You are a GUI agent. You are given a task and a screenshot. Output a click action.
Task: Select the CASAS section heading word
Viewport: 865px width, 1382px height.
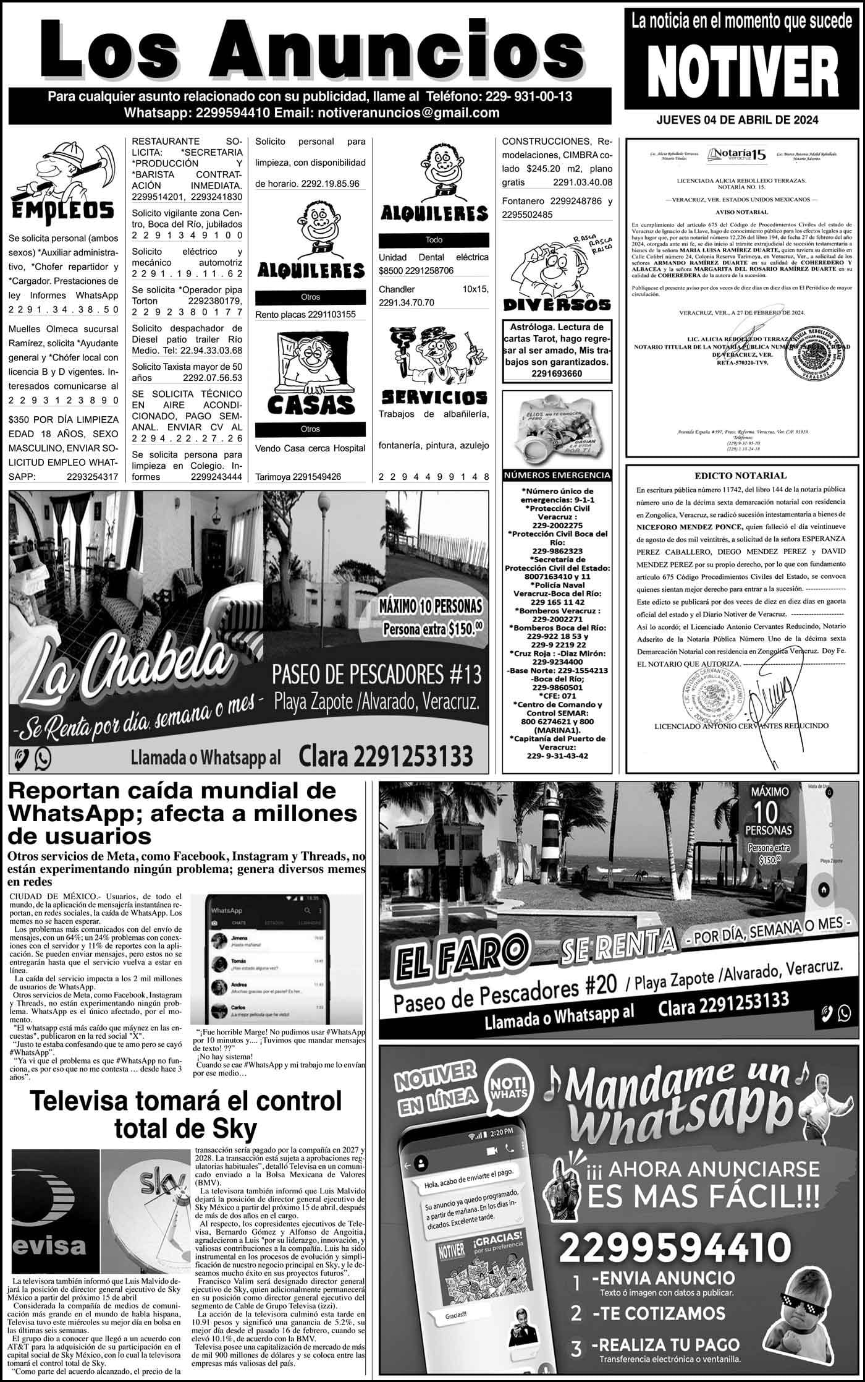(311, 405)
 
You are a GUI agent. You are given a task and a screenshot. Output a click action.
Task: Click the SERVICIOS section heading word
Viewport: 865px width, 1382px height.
(434, 396)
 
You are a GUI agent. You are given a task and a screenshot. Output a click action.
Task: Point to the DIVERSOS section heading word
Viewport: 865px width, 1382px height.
(557, 304)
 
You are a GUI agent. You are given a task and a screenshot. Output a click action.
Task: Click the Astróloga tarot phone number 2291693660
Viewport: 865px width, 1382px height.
(557, 373)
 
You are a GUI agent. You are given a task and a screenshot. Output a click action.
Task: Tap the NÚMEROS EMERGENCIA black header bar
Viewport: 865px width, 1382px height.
(557, 476)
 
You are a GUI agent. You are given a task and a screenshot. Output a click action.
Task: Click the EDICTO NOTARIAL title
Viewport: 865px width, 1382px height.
(741, 476)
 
